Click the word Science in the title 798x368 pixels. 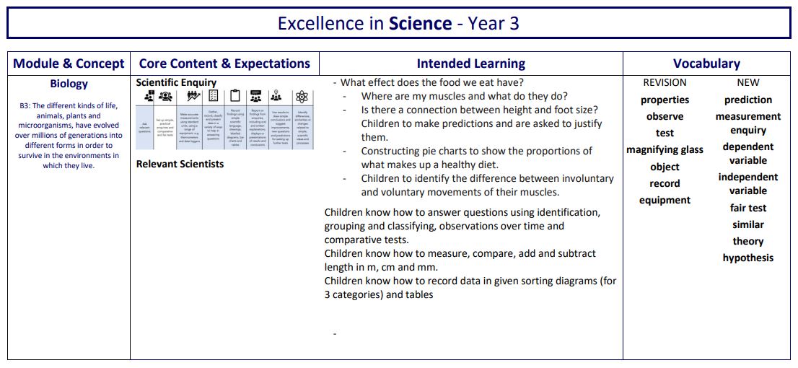pyautogui.click(x=420, y=23)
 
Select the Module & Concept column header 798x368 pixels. pyautogui.click(x=69, y=63)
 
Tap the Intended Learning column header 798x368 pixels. pyautogui.click(x=470, y=63)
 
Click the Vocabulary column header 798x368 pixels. pyautogui.click(x=706, y=63)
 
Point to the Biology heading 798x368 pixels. pyautogui.click(x=69, y=84)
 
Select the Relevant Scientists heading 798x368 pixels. pyautogui.click(x=180, y=164)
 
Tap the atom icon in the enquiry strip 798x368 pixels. pyautogui.click(x=302, y=96)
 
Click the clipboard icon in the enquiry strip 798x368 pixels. pyautogui.click(x=235, y=96)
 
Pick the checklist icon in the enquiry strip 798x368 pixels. pyautogui.click(x=213, y=96)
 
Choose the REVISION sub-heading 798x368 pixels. pyautogui.click(x=665, y=82)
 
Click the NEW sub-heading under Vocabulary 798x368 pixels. pyautogui.click(x=748, y=82)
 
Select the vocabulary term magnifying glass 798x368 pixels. pyautogui.click(x=665, y=150)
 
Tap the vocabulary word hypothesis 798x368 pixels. pyautogui.click(x=748, y=258)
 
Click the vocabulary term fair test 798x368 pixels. pyautogui.click(x=748, y=208)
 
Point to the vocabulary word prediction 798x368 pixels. pyautogui.click(x=748, y=100)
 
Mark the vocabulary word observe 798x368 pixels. pyautogui.click(x=665, y=116)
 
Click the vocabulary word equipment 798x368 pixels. pyautogui.click(x=665, y=200)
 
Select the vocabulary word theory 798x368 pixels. pyautogui.click(x=748, y=241)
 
